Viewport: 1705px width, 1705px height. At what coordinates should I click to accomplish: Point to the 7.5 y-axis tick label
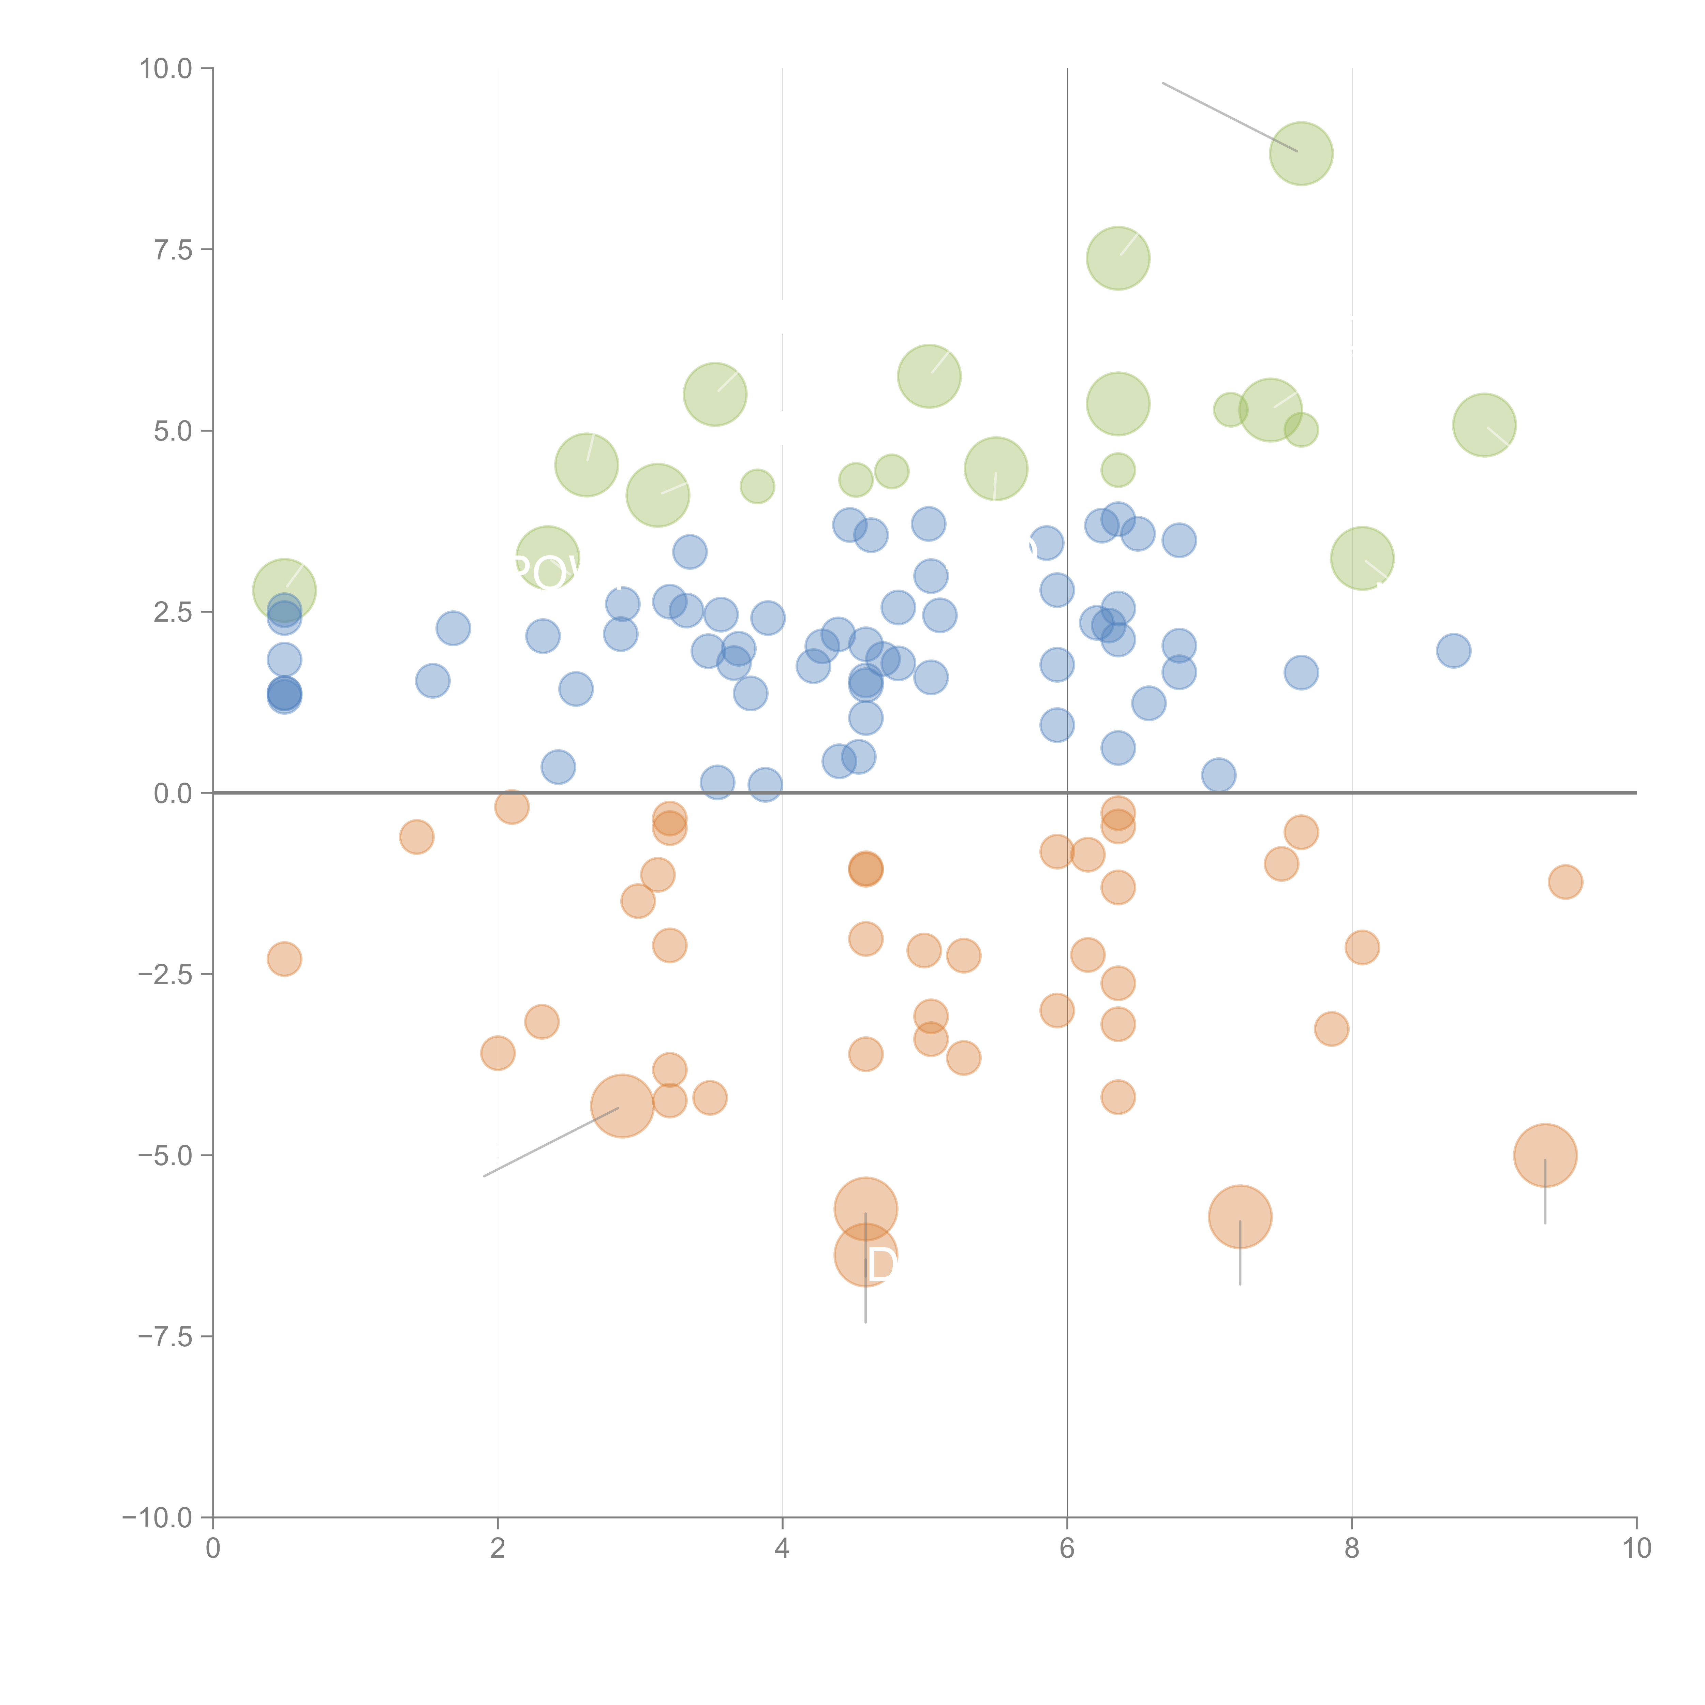pyautogui.click(x=173, y=250)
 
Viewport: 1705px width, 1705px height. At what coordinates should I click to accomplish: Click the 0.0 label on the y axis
pyautogui.click(x=173, y=794)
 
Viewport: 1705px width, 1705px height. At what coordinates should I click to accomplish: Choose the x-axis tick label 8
pyautogui.click(x=1352, y=1549)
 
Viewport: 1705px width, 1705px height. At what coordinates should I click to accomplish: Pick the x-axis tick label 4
pyautogui.click(x=782, y=1549)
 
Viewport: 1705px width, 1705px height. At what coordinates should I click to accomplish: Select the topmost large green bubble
pyautogui.click(x=1301, y=153)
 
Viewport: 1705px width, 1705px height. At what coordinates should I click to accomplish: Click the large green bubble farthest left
pyautogui.click(x=284, y=590)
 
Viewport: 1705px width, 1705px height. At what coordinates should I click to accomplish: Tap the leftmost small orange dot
pyautogui.click(x=284, y=959)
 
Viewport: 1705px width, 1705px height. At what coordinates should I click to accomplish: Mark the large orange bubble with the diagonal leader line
pyautogui.click(x=622, y=1106)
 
